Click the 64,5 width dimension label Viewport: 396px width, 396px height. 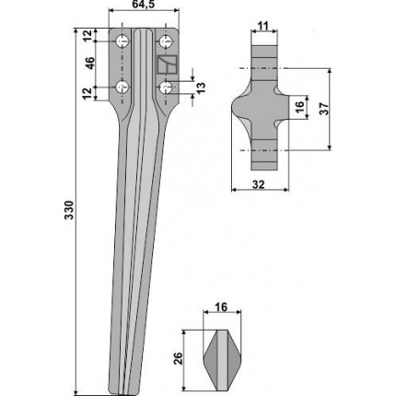pyautogui.click(x=144, y=6)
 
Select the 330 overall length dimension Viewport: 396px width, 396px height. pyautogui.click(x=70, y=210)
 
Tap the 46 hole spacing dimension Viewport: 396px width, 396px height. pyautogui.click(x=89, y=64)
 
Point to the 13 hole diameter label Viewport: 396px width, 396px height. pyautogui.click(x=201, y=88)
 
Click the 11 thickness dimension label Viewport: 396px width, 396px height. pyautogui.click(x=263, y=26)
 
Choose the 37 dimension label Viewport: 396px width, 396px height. pyautogui.click(x=325, y=109)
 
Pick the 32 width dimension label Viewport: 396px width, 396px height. pyautogui.click(x=259, y=184)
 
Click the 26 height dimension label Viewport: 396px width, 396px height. pyautogui.click(x=179, y=359)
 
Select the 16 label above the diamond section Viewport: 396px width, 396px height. pyautogui.click(x=221, y=307)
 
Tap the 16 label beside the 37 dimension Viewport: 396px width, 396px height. pyautogui.click(x=299, y=105)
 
